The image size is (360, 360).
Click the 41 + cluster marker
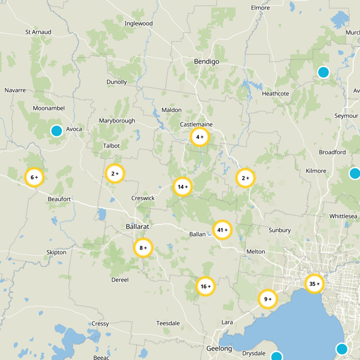(222, 230)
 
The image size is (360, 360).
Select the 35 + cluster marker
(315, 284)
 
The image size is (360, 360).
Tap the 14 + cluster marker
(183, 187)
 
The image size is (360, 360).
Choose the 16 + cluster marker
(206, 286)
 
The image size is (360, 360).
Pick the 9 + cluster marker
(268, 299)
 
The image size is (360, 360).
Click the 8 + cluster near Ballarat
(143, 248)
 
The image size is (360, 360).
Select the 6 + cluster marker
(34, 177)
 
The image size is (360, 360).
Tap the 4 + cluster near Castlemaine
(200, 137)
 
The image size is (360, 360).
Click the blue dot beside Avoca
(56, 130)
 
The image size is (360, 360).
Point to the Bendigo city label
(206, 61)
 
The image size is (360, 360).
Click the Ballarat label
(137, 226)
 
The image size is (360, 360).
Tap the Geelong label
(219, 349)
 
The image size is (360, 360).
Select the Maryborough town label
(117, 121)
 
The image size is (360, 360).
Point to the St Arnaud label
(38, 32)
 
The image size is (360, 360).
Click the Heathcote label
(275, 94)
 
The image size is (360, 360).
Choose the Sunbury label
(279, 230)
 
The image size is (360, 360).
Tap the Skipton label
(56, 252)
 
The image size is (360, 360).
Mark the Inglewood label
(139, 23)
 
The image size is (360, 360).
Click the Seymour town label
(346, 116)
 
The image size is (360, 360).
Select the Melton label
(256, 252)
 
